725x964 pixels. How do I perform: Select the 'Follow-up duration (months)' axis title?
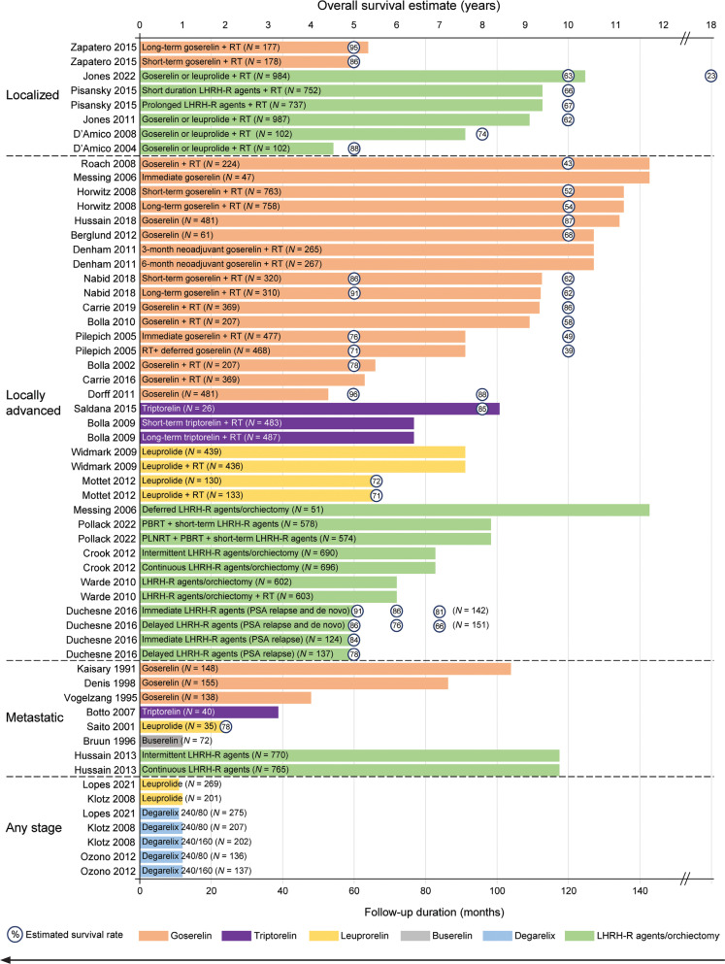tap(426, 912)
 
